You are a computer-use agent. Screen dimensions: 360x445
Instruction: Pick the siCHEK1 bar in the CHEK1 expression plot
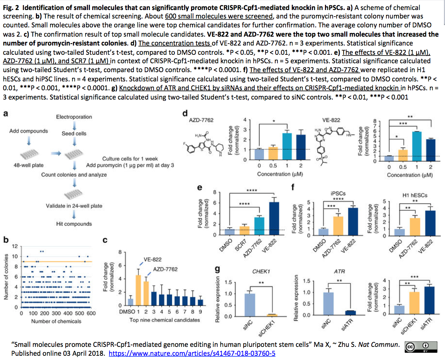(x=273, y=315)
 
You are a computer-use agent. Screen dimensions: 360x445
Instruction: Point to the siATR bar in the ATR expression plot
(x=350, y=313)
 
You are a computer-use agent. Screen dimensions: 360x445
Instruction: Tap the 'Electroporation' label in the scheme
(x=74, y=117)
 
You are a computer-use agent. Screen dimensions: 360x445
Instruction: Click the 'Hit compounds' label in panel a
(x=74, y=224)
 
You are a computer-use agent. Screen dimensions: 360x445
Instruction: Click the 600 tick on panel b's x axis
(x=91, y=313)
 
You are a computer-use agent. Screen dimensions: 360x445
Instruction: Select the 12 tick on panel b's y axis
(x=15, y=246)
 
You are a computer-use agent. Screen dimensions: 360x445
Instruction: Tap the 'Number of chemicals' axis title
(x=56, y=321)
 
